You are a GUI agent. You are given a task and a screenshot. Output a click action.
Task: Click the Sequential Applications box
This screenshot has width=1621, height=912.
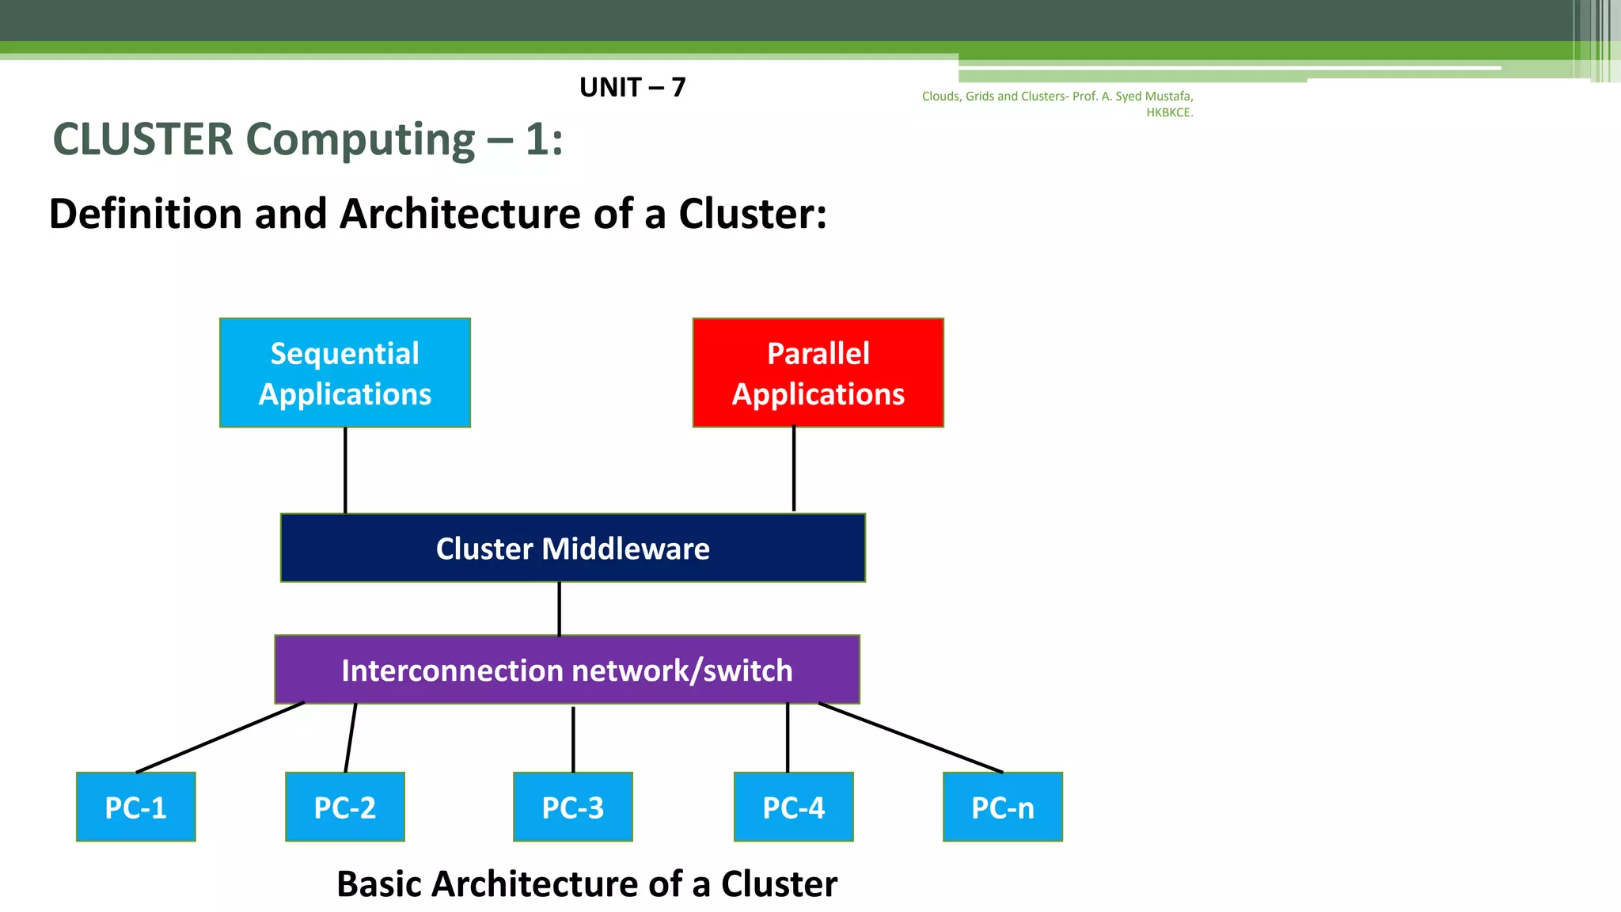point(345,373)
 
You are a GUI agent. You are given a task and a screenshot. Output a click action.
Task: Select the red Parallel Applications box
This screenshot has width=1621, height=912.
point(818,373)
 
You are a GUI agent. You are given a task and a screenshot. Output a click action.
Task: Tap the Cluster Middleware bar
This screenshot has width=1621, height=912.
point(572,548)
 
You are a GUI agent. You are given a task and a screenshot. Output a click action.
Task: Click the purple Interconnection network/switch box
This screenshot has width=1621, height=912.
point(567,670)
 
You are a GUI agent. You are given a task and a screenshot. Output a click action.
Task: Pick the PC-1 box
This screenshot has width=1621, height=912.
point(136,807)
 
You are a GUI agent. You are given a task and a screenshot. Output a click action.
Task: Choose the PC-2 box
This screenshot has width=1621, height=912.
point(345,807)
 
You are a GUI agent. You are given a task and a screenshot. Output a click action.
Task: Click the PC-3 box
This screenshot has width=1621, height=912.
point(572,807)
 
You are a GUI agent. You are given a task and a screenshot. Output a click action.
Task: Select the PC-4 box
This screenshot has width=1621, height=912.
point(793,807)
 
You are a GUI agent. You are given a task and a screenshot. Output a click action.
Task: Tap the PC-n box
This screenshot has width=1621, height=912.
point(1002,807)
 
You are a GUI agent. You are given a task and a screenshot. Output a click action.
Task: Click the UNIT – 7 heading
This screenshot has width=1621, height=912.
point(632,87)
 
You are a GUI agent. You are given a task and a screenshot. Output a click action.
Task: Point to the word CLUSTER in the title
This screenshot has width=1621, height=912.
point(143,139)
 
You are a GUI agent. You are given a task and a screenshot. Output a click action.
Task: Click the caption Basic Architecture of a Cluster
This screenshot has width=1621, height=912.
point(587,883)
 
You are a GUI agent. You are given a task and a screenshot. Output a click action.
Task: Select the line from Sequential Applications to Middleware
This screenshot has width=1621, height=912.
point(345,471)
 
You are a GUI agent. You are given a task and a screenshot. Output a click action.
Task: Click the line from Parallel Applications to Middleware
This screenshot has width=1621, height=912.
point(794,469)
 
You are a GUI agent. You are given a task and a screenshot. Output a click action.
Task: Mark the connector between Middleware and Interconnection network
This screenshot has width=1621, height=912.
point(560,609)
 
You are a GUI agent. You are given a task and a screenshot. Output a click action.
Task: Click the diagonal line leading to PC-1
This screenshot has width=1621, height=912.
point(220,737)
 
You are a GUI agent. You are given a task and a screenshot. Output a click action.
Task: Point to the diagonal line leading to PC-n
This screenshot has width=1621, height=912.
point(910,738)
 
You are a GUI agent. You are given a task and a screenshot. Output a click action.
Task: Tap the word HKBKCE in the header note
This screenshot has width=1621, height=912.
point(1168,112)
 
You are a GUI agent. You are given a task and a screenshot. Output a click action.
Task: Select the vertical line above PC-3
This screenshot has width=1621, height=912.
point(573,739)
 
